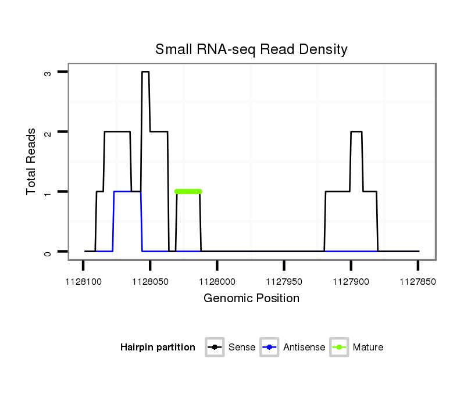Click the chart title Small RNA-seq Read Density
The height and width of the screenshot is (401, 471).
pyautogui.click(x=251, y=49)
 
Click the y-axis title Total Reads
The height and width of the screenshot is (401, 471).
pyautogui.click(x=32, y=162)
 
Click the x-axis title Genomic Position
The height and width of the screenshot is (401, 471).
pyautogui.click(x=251, y=299)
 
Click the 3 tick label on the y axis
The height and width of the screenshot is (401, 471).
pyautogui.click(x=48, y=72)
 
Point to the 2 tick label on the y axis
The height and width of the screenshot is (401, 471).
pyautogui.click(x=48, y=132)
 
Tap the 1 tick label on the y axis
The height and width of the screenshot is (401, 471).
pyautogui.click(x=48, y=192)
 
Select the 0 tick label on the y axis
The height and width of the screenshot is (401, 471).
pyautogui.click(x=48, y=252)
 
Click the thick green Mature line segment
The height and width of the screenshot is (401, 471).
pyautogui.click(x=188, y=191)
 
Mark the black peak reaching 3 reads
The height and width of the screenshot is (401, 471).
pyautogui.click(x=145, y=72)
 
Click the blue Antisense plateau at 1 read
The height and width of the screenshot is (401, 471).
pyautogui.click(x=127, y=191)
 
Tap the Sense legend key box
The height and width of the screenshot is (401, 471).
pyautogui.click(x=215, y=348)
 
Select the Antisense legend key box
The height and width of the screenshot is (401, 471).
pyautogui.click(x=270, y=348)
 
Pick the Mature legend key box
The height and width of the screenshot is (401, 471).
pyautogui.click(x=338, y=348)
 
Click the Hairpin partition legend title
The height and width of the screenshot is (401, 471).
pyautogui.click(x=158, y=348)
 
